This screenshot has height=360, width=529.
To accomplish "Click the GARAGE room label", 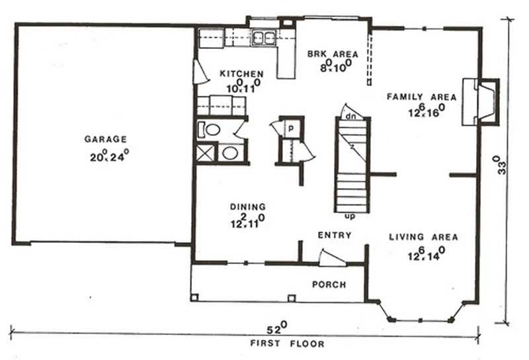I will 105,139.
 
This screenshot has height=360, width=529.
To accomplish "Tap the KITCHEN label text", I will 242,73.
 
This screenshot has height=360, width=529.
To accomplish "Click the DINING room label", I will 248,206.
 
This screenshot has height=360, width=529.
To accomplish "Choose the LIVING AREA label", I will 423,236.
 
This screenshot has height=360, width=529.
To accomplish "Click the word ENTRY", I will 334,235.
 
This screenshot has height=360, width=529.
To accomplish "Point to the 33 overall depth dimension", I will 504,164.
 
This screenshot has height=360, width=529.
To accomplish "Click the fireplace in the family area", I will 479,101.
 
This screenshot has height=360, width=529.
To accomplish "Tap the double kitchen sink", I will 264,38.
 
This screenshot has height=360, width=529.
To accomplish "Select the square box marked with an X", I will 206,154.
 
